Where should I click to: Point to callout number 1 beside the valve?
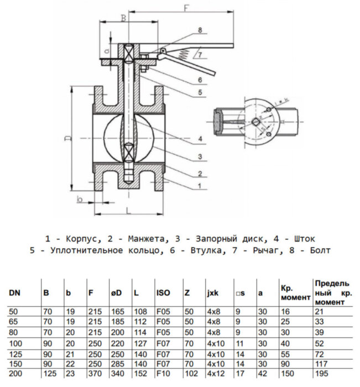click(200, 186)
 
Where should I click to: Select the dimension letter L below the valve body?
click(128, 211)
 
